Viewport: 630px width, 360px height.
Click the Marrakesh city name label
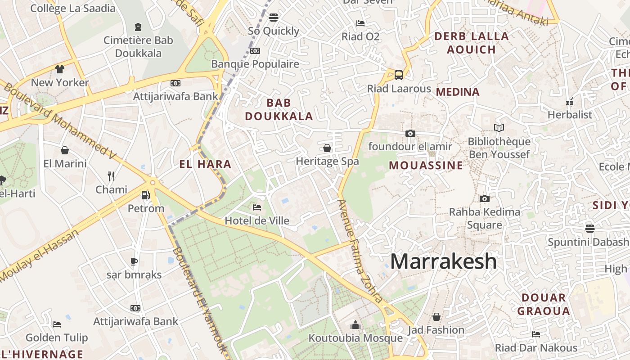(443, 261)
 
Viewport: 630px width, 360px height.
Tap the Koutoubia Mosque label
(355, 338)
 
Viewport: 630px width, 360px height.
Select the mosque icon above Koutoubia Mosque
(355, 325)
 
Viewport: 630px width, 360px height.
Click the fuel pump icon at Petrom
(145, 195)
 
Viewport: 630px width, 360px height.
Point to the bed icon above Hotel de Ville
(256, 207)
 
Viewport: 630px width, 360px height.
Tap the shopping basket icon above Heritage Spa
(327, 148)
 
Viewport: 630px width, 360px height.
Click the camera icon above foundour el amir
(410, 133)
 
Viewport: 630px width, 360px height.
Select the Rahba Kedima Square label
(485, 218)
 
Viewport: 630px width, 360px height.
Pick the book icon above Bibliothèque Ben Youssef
(499, 128)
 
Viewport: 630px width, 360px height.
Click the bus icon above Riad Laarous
(399, 75)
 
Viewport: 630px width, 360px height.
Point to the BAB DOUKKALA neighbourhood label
(279, 109)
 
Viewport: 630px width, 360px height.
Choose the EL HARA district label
(205, 164)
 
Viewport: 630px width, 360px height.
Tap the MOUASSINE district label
(426, 165)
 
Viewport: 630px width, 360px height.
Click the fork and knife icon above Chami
(111, 176)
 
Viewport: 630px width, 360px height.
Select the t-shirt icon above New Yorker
(60, 69)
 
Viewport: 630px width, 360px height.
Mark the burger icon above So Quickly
(273, 18)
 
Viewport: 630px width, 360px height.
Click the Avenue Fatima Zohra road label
(360, 251)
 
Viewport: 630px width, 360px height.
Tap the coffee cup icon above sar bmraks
(134, 261)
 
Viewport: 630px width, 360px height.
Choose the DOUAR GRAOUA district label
(544, 304)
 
